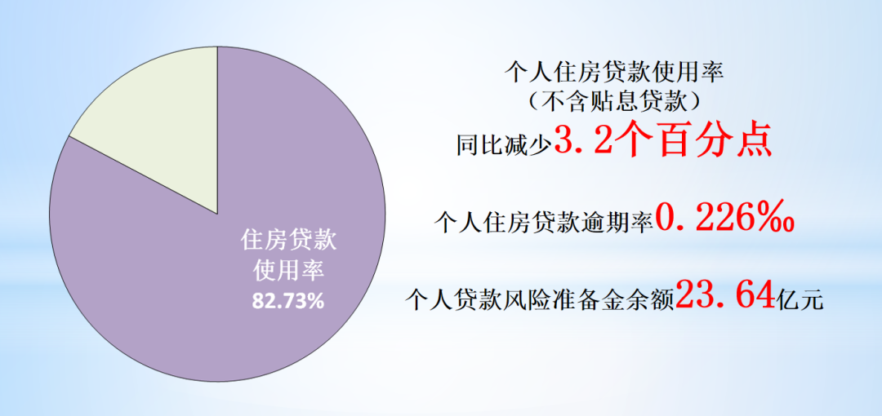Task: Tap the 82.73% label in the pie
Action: pos(288,301)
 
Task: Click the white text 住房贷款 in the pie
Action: pos(288,241)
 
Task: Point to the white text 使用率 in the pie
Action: pos(288,272)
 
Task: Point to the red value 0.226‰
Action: pos(725,219)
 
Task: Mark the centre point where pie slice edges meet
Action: pos(218,215)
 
